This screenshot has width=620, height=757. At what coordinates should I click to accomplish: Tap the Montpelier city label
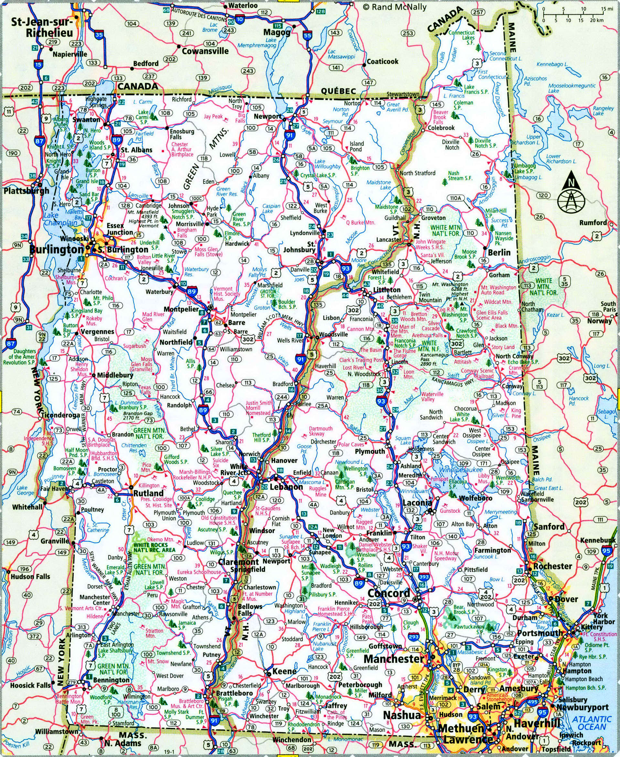(181, 309)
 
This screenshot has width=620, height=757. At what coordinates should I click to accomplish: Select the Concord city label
(389, 593)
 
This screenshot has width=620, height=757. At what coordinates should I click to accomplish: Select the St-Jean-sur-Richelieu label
(42, 28)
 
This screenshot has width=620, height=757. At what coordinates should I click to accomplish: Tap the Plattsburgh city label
(26, 191)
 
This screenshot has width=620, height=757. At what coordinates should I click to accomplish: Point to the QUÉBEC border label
(338, 92)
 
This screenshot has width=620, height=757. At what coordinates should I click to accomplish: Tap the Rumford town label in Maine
(593, 222)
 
